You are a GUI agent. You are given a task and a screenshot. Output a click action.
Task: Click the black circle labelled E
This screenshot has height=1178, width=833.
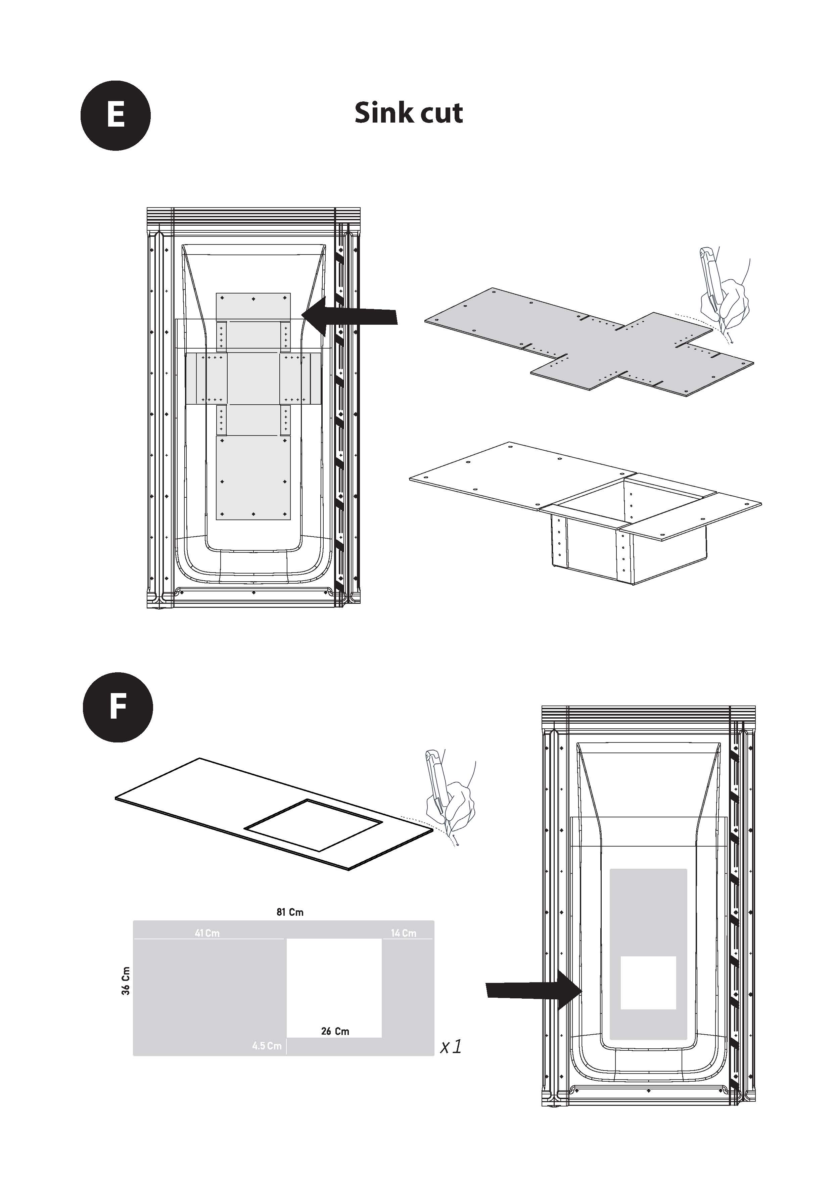tap(116, 116)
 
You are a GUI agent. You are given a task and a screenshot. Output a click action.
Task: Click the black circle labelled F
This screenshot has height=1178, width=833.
tap(118, 707)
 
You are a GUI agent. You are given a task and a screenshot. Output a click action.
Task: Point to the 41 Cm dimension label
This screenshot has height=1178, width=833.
tap(207, 933)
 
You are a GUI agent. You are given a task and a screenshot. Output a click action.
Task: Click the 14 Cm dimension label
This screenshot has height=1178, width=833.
tap(404, 933)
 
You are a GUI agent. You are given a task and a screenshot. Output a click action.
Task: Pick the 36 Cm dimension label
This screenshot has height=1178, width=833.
tap(126, 981)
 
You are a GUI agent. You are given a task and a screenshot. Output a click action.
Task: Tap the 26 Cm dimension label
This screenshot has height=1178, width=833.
tap(335, 1031)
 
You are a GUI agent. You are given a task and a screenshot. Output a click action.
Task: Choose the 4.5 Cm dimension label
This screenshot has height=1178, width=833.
tap(267, 1046)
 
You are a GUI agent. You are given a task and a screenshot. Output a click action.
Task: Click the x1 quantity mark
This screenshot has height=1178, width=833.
tap(451, 1047)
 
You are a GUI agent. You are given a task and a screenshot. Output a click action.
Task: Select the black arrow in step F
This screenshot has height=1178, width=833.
tap(535, 990)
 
